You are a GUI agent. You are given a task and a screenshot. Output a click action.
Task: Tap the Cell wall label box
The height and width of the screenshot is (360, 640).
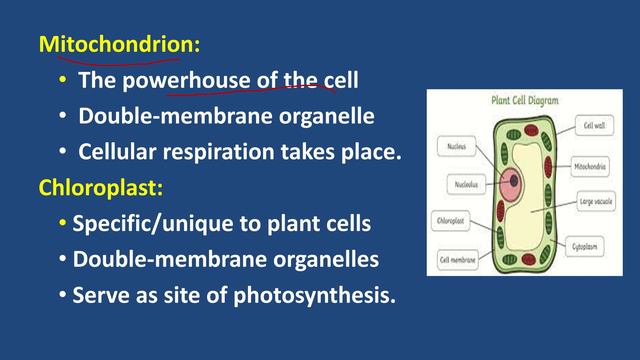[595, 126]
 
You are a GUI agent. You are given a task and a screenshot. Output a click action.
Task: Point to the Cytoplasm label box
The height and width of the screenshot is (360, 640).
[595, 242]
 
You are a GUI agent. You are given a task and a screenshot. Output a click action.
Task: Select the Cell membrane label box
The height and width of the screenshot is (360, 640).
[455, 260]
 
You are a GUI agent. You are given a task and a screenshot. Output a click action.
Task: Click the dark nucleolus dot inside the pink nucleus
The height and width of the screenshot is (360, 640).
[518, 183]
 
